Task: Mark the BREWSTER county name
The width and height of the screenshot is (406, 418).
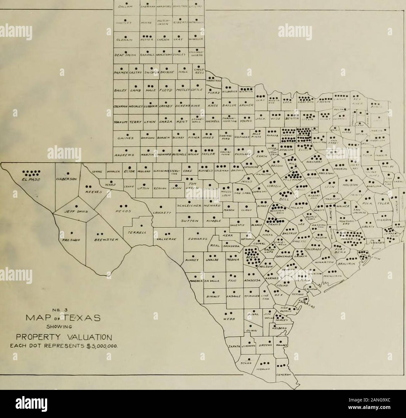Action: pos(100,240)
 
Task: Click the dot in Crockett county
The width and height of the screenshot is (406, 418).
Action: pos(161,207)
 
